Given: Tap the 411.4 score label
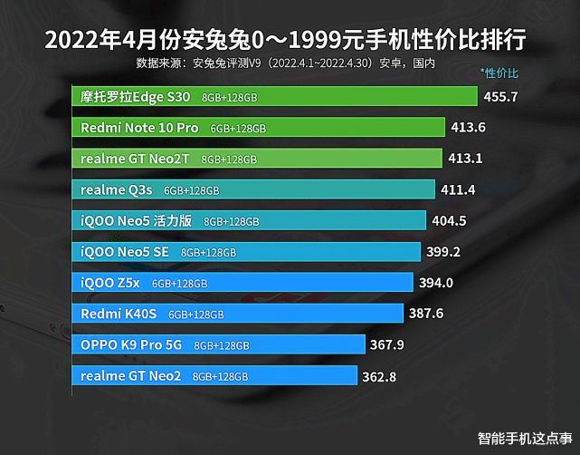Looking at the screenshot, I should [x=458, y=189].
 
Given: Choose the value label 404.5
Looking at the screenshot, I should [x=450, y=220].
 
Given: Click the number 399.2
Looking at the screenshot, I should [x=444, y=252].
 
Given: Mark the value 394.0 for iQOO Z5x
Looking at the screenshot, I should [x=436, y=283].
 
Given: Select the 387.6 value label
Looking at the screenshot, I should [x=426, y=314].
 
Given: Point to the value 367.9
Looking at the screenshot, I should [x=387, y=344].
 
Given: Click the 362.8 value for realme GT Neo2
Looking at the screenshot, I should [x=379, y=376].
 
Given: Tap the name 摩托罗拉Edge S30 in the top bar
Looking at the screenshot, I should [x=135, y=96].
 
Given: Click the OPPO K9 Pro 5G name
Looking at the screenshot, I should [x=131, y=344].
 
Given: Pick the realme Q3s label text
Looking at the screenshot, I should [x=117, y=189].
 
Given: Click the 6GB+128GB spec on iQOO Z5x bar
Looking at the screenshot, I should [x=179, y=284].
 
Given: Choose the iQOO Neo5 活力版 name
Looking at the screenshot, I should [x=137, y=220].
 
